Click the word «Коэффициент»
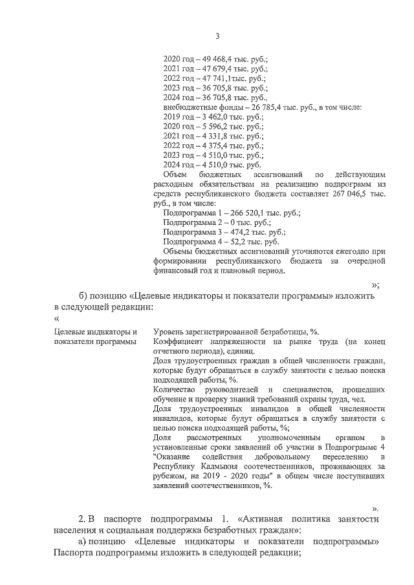[179, 341]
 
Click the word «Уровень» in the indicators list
[168, 332]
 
